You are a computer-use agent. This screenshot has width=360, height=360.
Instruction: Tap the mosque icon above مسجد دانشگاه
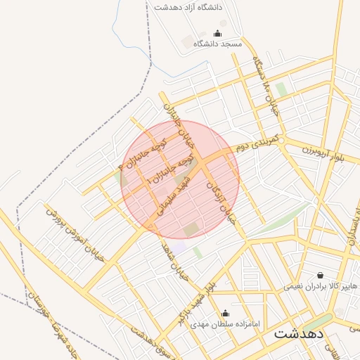(x=217, y=33)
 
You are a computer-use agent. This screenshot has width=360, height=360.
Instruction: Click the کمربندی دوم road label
(x=257, y=141)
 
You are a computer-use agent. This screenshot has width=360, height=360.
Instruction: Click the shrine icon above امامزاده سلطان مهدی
(x=225, y=313)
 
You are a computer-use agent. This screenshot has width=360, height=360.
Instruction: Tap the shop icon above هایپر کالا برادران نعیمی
(x=321, y=275)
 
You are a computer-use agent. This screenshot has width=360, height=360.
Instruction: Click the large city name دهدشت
(x=298, y=333)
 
